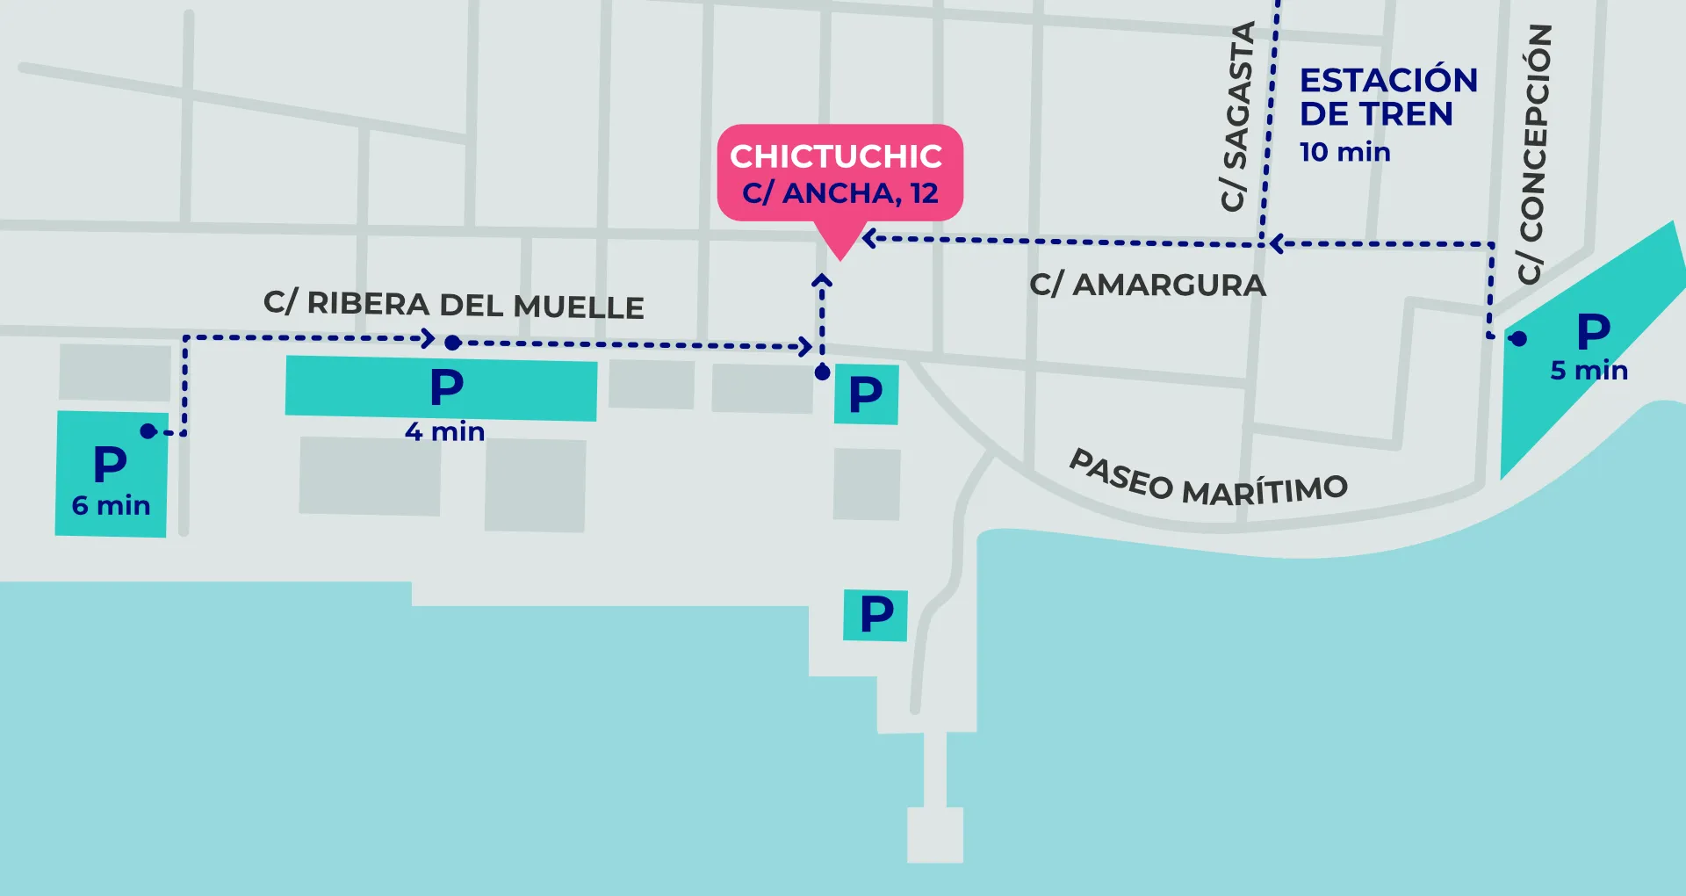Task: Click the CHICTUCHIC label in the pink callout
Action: click(836, 156)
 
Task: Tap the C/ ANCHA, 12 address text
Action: click(840, 192)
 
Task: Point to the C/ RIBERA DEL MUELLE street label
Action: click(454, 305)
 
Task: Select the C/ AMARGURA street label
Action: click(1148, 285)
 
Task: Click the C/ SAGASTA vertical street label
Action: click(1236, 117)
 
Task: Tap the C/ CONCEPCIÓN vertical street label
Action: click(1535, 154)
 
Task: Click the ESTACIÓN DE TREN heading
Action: click(1388, 97)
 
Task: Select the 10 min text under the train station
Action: click(1345, 152)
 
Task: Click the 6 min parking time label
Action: click(111, 505)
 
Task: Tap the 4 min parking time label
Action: click(444, 431)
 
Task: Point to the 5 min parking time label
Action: click(1589, 370)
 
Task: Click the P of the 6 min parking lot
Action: click(111, 463)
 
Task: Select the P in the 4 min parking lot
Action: click(447, 387)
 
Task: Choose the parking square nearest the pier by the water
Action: click(875, 614)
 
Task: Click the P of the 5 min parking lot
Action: click(1594, 332)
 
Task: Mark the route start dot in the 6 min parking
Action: click(148, 430)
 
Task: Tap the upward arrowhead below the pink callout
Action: click(822, 280)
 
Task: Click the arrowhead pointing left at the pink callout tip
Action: click(868, 238)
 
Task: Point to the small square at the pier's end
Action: click(935, 835)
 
